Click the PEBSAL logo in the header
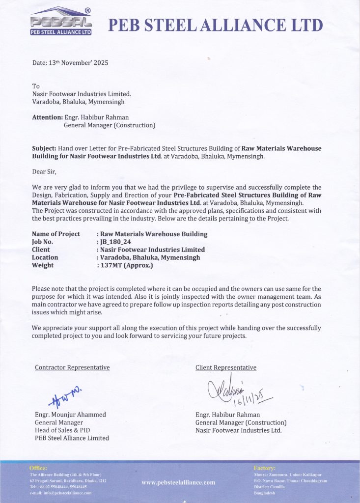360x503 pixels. (x=61, y=22)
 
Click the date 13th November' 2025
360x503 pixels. (x=70, y=63)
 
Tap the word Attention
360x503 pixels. (x=47, y=117)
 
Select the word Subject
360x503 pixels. (x=44, y=148)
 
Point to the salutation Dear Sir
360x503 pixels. (x=44, y=171)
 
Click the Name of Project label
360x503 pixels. (x=56, y=234)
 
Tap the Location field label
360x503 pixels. (x=45, y=257)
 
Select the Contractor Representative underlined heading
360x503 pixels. (x=72, y=367)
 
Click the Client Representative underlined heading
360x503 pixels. (x=225, y=367)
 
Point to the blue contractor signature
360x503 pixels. (x=65, y=395)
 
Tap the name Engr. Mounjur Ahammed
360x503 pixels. (x=70, y=415)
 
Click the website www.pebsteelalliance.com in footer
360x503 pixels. (x=178, y=482)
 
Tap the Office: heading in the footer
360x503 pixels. (x=38, y=468)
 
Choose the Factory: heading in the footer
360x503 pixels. (x=265, y=468)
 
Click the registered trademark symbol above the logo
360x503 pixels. (x=87, y=10)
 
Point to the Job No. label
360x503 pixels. (x=42, y=242)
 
